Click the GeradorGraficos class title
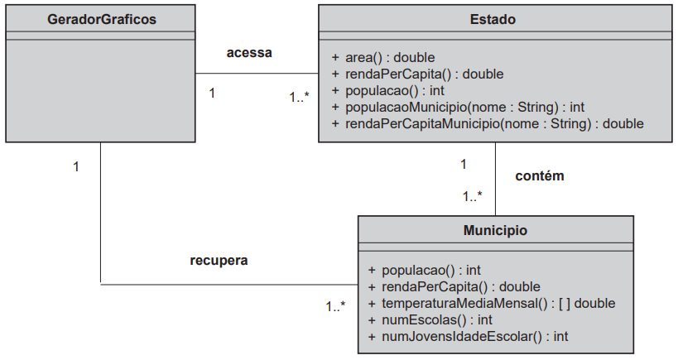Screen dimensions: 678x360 click(x=102, y=19)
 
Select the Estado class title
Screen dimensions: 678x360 click(x=493, y=19)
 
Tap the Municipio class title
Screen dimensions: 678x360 click(x=496, y=230)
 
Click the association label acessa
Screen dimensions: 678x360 click(x=249, y=52)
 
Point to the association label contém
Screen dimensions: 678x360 click(x=540, y=175)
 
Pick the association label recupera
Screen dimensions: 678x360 click(x=219, y=260)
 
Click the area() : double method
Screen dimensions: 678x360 click(x=383, y=57)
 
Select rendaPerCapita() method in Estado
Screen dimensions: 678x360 click(x=418, y=74)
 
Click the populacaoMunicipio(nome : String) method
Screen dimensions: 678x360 click(x=458, y=107)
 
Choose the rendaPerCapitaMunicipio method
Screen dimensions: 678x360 click(x=488, y=123)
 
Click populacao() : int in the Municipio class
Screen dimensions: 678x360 click(x=424, y=270)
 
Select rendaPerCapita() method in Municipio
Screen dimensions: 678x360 click(x=454, y=286)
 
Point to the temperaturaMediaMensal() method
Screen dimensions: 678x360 click(x=491, y=303)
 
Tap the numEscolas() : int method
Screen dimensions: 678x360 click(x=430, y=319)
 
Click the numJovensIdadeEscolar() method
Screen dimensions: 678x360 click(x=468, y=336)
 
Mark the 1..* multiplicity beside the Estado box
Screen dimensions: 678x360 click(x=299, y=97)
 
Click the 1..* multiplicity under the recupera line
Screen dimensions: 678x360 click(x=335, y=306)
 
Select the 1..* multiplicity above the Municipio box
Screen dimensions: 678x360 click(x=472, y=196)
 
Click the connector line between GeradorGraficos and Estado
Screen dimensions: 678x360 click(x=257, y=73)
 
